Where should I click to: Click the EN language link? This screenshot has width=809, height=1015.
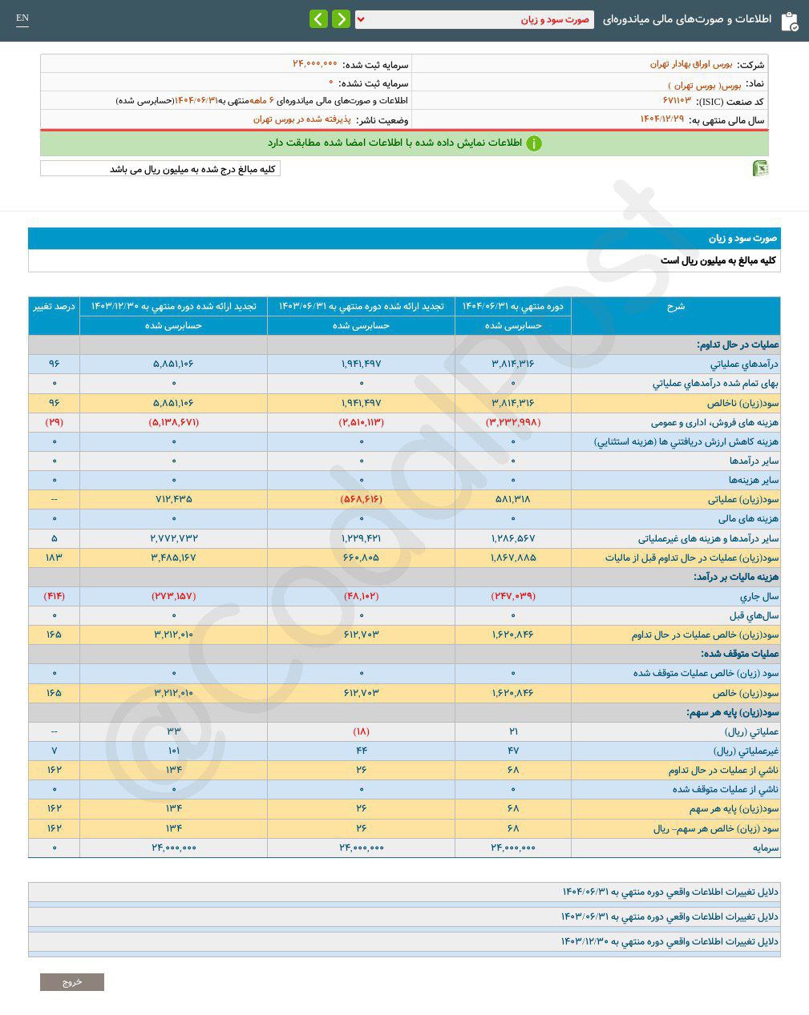[22, 18]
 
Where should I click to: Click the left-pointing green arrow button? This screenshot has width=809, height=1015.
[318, 19]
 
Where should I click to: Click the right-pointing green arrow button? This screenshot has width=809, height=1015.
[341, 19]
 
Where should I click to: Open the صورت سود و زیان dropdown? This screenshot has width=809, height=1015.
[475, 19]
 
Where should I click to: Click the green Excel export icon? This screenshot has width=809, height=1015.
[760, 168]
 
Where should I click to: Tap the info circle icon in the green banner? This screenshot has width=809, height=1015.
[534, 143]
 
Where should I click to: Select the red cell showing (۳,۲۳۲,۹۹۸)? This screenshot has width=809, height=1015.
[513, 422]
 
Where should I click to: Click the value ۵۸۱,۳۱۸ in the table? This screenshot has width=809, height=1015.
[513, 499]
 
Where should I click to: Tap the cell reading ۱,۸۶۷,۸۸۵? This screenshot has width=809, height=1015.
[513, 558]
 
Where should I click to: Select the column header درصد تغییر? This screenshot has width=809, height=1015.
[54, 307]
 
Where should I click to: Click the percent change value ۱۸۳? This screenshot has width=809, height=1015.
[54, 558]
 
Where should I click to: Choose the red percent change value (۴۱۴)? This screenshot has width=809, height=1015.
[54, 596]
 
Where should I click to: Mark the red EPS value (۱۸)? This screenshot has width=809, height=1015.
[361, 731]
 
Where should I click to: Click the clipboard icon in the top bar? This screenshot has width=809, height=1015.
[789, 21]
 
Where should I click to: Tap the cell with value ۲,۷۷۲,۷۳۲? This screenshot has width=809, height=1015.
[173, 538]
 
